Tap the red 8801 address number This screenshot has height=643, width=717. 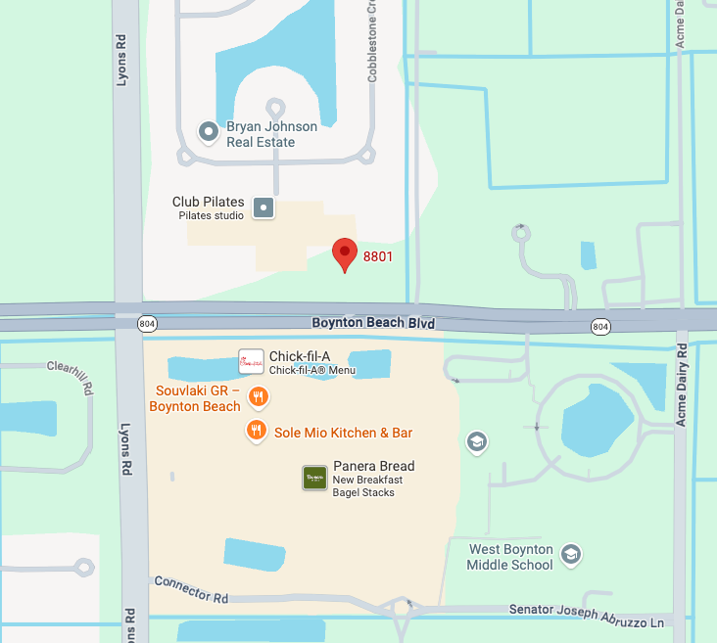378,257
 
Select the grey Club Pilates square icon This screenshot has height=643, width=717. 263,207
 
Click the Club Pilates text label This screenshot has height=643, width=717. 209,202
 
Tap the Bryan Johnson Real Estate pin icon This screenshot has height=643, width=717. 208,131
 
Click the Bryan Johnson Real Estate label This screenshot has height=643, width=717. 271,134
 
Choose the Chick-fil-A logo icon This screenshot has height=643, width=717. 251,362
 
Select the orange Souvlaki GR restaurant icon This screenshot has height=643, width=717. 259,396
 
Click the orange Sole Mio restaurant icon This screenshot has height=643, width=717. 257,430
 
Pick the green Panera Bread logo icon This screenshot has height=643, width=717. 314,478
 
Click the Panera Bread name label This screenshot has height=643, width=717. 373,466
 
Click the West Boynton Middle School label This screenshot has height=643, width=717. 510,557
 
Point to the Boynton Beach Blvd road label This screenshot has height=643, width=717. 373,323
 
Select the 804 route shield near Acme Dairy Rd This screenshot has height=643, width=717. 600,326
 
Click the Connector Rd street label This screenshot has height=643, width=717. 191,589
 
